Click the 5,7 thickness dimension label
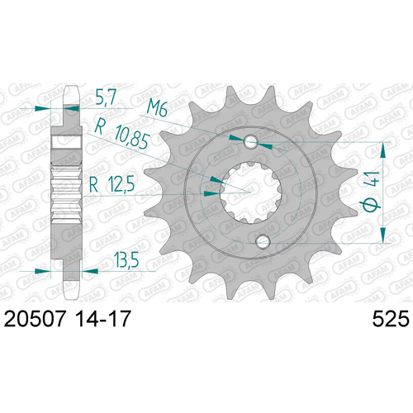106,97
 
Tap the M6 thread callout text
157,108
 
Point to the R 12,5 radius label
112,184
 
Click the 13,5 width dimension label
126,260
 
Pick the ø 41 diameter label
372,192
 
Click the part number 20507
36,319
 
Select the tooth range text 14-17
102,319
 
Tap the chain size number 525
391,319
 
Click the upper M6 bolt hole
251,141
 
